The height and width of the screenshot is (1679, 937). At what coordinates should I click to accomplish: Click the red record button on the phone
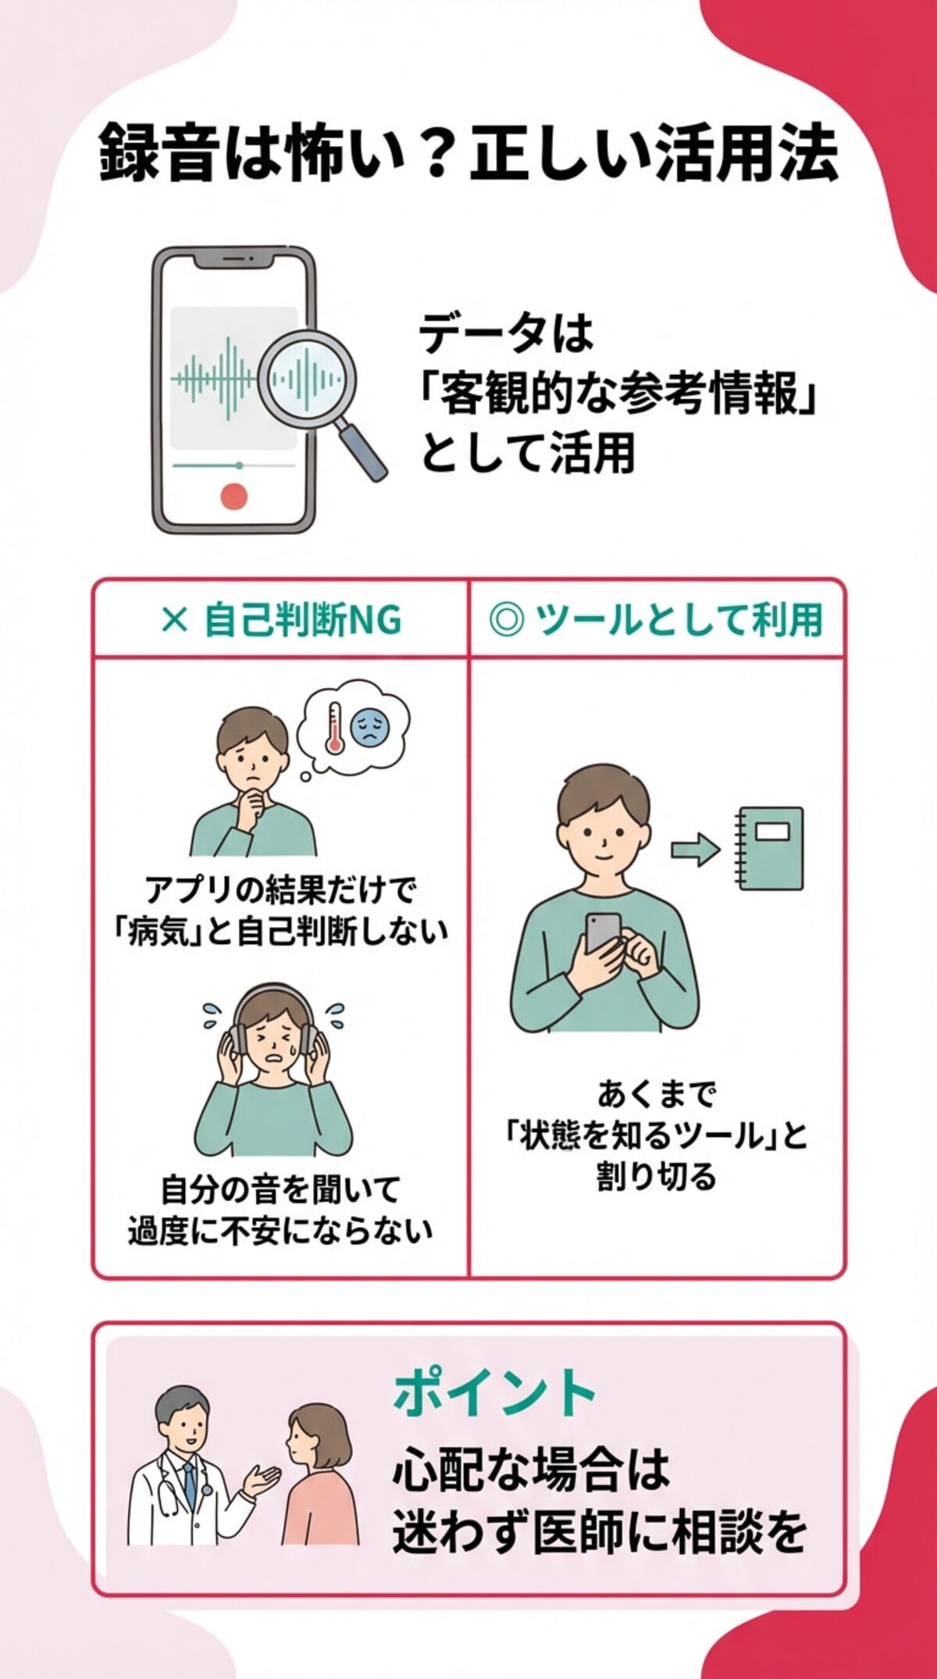tap(233, 496)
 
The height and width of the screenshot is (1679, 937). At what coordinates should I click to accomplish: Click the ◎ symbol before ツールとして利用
tap(506, 621)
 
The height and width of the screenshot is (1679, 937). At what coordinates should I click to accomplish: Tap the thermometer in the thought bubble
tap(335, 727)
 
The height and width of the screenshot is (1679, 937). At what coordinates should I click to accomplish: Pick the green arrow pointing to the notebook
tap(695, 849)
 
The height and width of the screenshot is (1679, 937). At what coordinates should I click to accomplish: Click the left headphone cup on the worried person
tap(236, 1038)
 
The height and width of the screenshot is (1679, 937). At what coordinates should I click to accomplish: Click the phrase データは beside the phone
tap(506, 334)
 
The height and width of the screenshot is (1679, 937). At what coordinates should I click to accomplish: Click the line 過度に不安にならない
tap(280, 1231)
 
